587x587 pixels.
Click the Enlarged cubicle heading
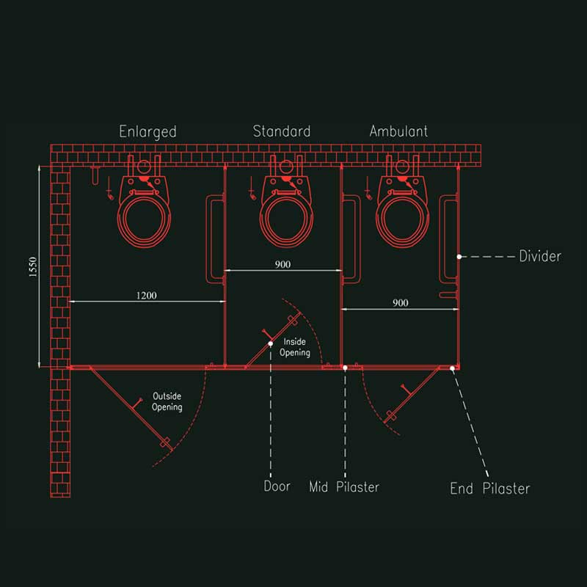[148, 132]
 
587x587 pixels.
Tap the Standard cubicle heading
[282, 131]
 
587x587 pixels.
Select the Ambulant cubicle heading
[398, 131]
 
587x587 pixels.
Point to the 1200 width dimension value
[146, 296]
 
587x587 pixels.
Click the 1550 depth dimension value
[33, 266]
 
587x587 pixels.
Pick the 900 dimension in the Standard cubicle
[282, 264]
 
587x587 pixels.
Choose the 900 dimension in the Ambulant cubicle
[400, 303]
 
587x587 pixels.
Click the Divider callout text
[540, 256]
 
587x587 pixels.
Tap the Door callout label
[277, 486]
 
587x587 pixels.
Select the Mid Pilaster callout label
[344, 486]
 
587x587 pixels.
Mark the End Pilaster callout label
[490, 488]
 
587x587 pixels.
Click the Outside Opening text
[167, 401]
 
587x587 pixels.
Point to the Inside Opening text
[295, 347]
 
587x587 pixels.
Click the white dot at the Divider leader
[459, 256]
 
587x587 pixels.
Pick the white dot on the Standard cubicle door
[270, 343]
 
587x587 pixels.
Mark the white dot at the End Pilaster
[452, 368]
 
